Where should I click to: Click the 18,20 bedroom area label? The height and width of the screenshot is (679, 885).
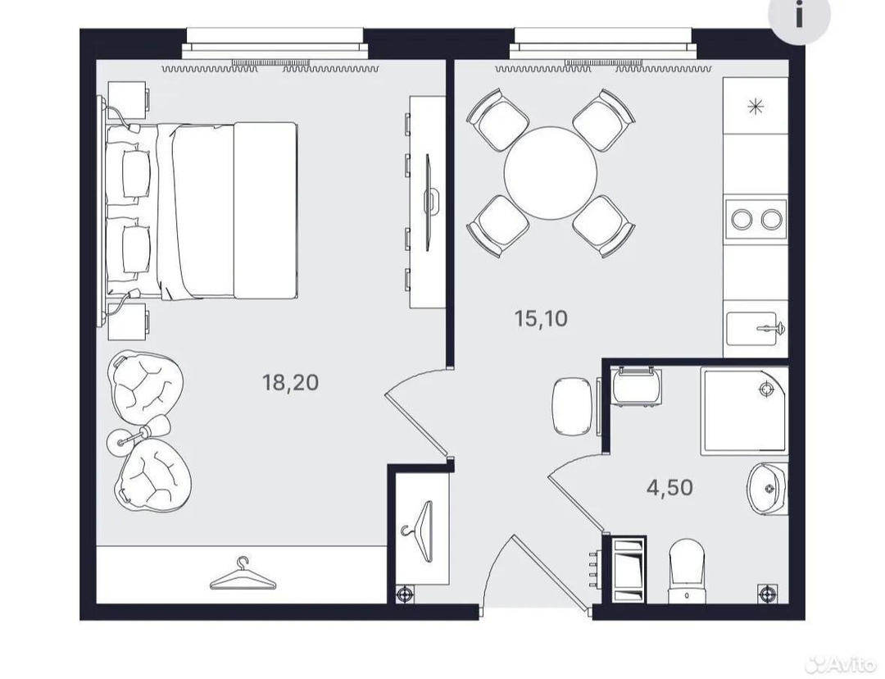290,382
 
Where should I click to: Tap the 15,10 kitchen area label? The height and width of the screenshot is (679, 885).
541,319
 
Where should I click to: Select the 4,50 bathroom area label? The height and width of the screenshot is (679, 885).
669,487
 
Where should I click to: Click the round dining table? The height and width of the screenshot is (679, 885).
551,173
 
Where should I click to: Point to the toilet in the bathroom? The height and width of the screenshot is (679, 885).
687,571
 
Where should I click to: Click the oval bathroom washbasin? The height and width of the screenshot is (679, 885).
768,488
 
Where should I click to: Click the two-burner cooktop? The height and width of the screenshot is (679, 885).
756,219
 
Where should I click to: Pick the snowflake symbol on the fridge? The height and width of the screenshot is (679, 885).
756,107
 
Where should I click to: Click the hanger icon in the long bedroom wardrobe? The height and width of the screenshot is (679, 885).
243,574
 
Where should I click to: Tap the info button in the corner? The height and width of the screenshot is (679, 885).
799,15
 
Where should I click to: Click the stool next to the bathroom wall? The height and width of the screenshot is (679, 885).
572,408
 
